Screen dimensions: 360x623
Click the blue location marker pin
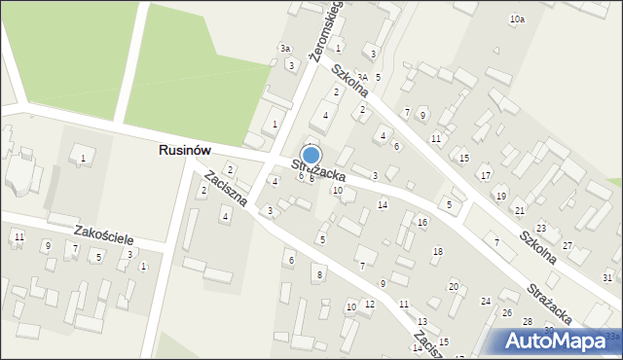click(311, 155)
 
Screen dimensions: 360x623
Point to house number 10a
click(517, 19)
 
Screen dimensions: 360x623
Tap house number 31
click(606, 278)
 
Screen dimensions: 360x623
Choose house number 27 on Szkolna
click(568, 245)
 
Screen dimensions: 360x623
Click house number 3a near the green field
click(285, 48)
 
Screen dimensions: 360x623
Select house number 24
click(485, 301)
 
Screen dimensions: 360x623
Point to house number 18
click(437, 252)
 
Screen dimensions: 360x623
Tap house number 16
click(421, 223)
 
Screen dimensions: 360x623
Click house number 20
click(453, 286)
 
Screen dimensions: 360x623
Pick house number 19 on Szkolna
click(500, 196)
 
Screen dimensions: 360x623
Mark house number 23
click(541, 228)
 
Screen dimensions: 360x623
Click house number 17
click(485, 175)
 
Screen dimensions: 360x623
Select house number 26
click(506, 312)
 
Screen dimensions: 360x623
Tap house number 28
click(528, 321)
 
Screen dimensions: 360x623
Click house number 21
click(520, 210)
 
